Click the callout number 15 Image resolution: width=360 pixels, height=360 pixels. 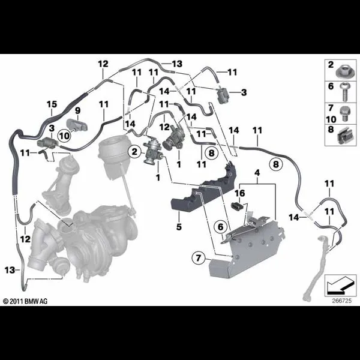point(52,104)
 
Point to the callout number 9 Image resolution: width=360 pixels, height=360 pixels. point(78,110)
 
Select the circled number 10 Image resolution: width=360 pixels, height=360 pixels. point(65,136)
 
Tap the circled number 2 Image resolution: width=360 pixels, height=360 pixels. point(134,152)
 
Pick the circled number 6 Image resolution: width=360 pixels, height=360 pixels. point(220,227)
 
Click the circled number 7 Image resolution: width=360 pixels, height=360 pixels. point(198,258)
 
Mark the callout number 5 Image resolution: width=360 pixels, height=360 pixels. point(179,227)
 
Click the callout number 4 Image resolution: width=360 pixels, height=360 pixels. point(257,173)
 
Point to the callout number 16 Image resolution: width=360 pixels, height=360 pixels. point(239,193)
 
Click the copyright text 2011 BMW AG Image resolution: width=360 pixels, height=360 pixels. point(25,301)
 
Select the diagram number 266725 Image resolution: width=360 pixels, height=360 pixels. point(341,301)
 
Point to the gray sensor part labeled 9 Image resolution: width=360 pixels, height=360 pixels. point(77,125)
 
